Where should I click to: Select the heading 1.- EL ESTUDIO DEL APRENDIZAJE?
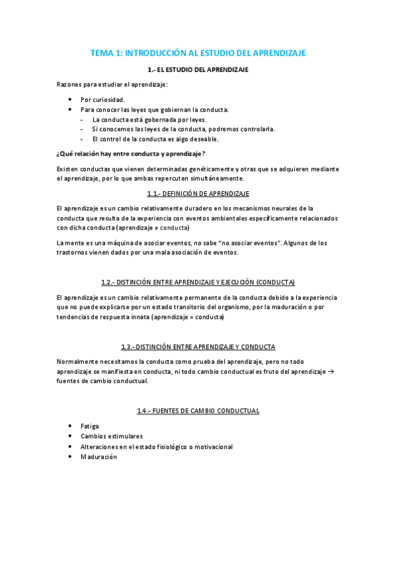(198, 69)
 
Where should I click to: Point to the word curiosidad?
(107, 99)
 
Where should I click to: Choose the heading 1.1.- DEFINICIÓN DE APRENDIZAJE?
(198, 193)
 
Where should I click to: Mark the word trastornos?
(75, 253)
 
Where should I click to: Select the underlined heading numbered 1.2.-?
(198, 282)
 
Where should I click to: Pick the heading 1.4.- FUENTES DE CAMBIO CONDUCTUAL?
(198, 411)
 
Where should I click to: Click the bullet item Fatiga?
(89, 427)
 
